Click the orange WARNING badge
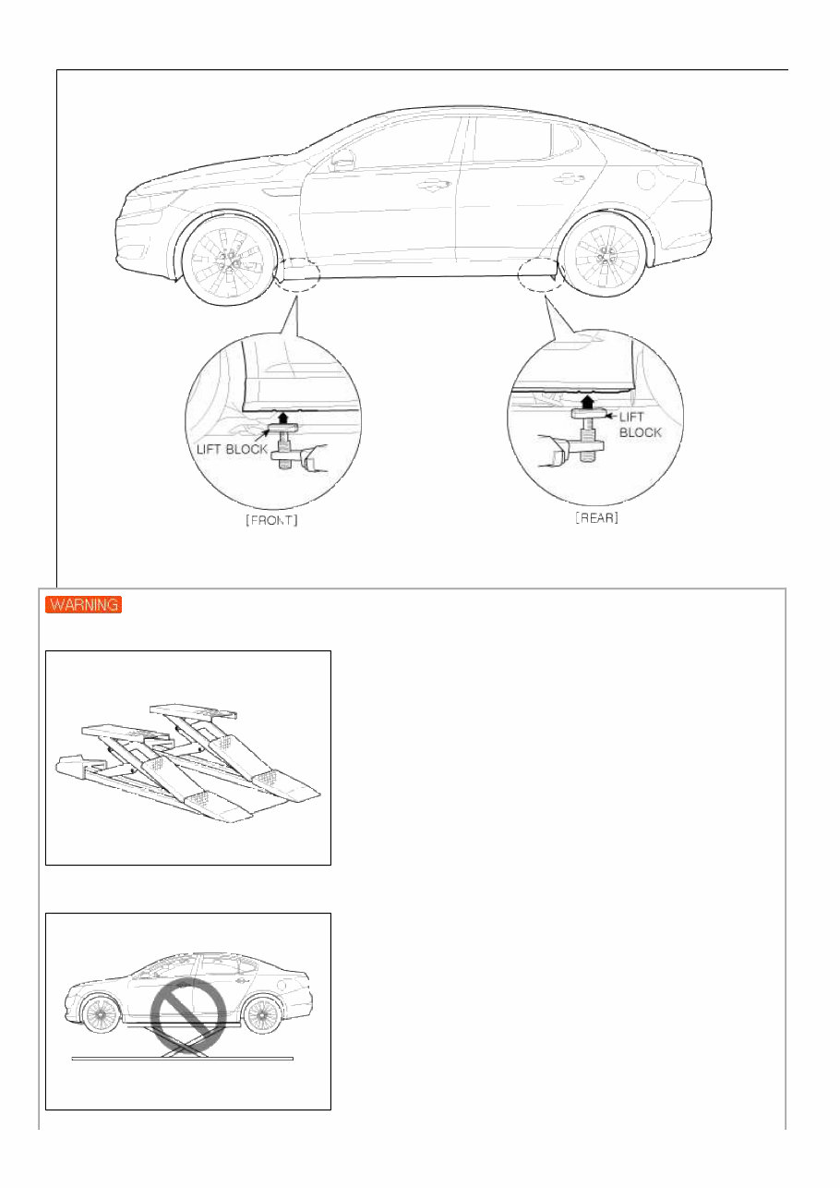[x=84, y=606]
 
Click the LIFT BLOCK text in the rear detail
[x=640, y=425]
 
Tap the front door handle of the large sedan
[x=428, y=186]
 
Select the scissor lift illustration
[x=187, y=759]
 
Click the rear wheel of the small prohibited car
[x=262, y=1016]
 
